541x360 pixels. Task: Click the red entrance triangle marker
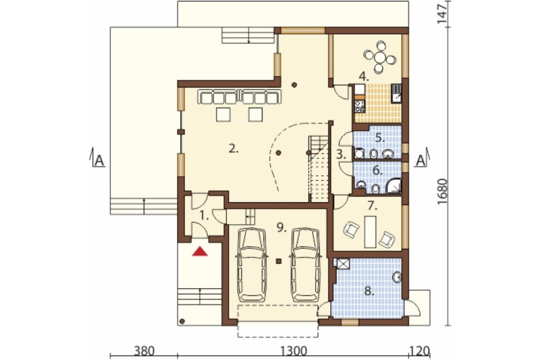[x=200, y=251]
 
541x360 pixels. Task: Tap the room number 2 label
[x=234, y=149]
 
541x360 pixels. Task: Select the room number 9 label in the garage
[x=282, y=227]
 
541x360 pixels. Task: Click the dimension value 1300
[x=293, y=351]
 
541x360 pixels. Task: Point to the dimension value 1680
[x=442, y=192]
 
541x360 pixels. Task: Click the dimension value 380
[x=144, y=351]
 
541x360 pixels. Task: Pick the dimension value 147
[x=442, y=13]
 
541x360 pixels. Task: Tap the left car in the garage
[x=251, y=265]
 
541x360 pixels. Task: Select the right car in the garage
[x=306, y=265]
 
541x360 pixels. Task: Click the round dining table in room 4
[x=380, y=56]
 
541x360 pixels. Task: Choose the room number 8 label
[x=369, y=292]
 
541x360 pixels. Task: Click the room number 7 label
[x=371, y=206]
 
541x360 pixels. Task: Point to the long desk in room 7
[x=370, y=231]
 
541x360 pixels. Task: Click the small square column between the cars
[x=279, y=261]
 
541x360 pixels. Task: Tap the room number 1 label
[x=204, y=216]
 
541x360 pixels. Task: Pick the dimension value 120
[x=419, y=351]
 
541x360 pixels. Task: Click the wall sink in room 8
[x=398, y=277]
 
